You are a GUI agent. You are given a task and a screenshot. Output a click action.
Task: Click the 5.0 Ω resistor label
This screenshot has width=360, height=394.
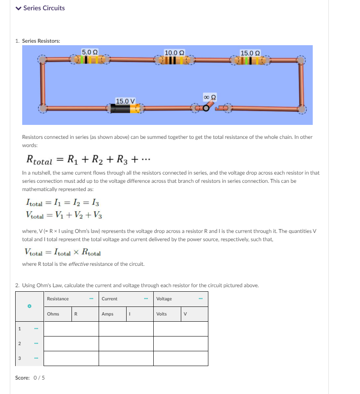tap(90, 52)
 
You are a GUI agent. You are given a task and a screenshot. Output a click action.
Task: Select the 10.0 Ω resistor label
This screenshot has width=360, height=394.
tap(174, 53)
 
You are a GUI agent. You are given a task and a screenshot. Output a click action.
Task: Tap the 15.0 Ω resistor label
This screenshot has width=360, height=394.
tap(250, 53)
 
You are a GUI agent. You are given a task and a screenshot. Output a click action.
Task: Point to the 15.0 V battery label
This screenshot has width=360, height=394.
tap(125, 101)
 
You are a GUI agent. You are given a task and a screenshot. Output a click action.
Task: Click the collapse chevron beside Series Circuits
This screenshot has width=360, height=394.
tap(18, 8)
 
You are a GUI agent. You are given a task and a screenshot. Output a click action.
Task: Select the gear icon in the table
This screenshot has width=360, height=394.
tap(29, 306)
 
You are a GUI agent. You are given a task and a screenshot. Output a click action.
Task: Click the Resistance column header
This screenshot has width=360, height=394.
tap(58, 299)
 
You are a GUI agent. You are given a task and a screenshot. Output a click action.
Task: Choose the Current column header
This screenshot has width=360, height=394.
tap(109, 299)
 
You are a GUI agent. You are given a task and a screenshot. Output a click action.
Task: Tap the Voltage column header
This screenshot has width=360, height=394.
tap(164, 299)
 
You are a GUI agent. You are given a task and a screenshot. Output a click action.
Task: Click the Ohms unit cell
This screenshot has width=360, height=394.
tap(53, 314)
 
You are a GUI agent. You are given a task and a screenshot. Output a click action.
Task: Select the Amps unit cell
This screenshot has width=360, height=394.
tap(107, 314)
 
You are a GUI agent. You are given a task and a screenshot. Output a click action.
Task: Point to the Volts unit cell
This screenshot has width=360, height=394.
tap(162, 314)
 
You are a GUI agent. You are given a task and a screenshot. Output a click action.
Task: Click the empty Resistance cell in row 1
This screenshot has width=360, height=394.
tap(71, 329)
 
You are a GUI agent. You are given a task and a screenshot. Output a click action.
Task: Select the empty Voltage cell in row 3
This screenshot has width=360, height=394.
tap(180, 358)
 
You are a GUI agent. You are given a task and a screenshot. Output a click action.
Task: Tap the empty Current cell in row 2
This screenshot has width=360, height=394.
tap(126, 343)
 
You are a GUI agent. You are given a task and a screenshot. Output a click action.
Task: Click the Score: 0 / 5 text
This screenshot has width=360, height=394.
tap(30, 378)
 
